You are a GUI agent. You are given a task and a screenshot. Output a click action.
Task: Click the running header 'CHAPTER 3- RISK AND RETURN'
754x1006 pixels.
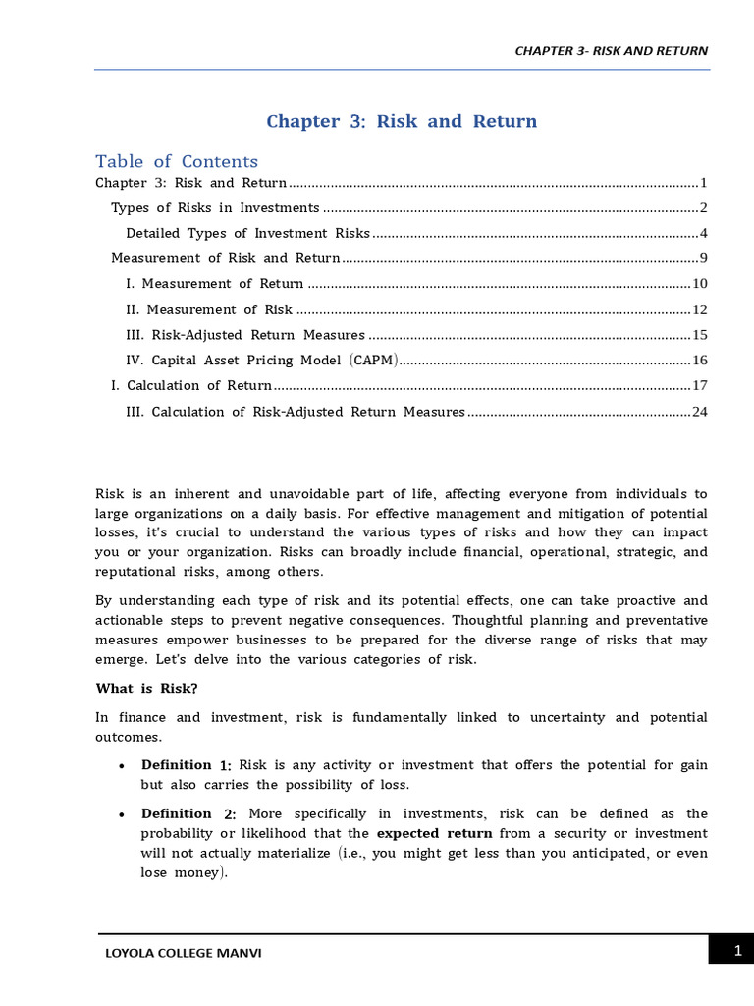pos(611,51)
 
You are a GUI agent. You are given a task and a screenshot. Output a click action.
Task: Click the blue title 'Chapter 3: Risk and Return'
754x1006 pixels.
pos(402,122)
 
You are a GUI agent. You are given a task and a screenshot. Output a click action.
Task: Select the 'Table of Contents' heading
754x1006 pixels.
pos(177,162)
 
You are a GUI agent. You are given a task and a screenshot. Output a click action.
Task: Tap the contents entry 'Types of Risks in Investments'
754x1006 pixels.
pos(215,207)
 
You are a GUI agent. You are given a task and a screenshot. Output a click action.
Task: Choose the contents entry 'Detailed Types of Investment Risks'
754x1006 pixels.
pos(247,233)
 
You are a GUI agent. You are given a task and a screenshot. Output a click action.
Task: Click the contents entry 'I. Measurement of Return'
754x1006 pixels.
pos(215,284)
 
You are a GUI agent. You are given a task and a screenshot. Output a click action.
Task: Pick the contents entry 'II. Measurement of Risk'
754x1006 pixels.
pos(209,309)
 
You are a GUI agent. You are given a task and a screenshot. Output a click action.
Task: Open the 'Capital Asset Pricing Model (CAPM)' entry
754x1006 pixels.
pos(262,361)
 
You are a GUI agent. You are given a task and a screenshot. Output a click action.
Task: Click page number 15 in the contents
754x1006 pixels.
pos(699,335)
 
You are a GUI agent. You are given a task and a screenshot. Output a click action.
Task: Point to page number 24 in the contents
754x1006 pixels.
pos(699,412)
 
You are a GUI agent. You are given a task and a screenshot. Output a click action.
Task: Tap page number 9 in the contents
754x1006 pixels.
pos(703,258)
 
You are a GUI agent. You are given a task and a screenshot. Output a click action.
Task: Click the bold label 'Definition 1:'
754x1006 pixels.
pos(186,765)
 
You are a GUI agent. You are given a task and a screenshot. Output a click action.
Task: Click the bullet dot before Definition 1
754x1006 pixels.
pos(120,766)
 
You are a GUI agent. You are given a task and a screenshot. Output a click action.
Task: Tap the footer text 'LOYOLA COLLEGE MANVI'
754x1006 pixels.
pos(184,953)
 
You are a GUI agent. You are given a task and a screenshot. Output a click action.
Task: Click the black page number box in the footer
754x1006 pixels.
pos(730,950)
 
